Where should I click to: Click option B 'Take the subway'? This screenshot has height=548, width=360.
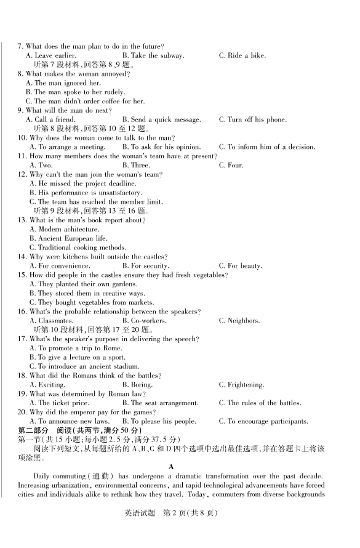(x=153, y=56)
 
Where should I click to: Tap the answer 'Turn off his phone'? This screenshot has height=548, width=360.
(x=252, y=119)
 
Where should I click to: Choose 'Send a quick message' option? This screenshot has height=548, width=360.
(x=161, y=119)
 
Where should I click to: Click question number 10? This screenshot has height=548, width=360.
(x=22, y=138)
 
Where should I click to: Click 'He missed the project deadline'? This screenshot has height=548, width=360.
(x=83, y=183)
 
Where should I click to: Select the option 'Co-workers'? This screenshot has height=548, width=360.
(x=142, y=321)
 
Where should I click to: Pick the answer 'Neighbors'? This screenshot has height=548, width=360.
(x=239, y=321)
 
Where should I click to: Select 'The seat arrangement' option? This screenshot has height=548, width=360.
(x=160, y=403)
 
